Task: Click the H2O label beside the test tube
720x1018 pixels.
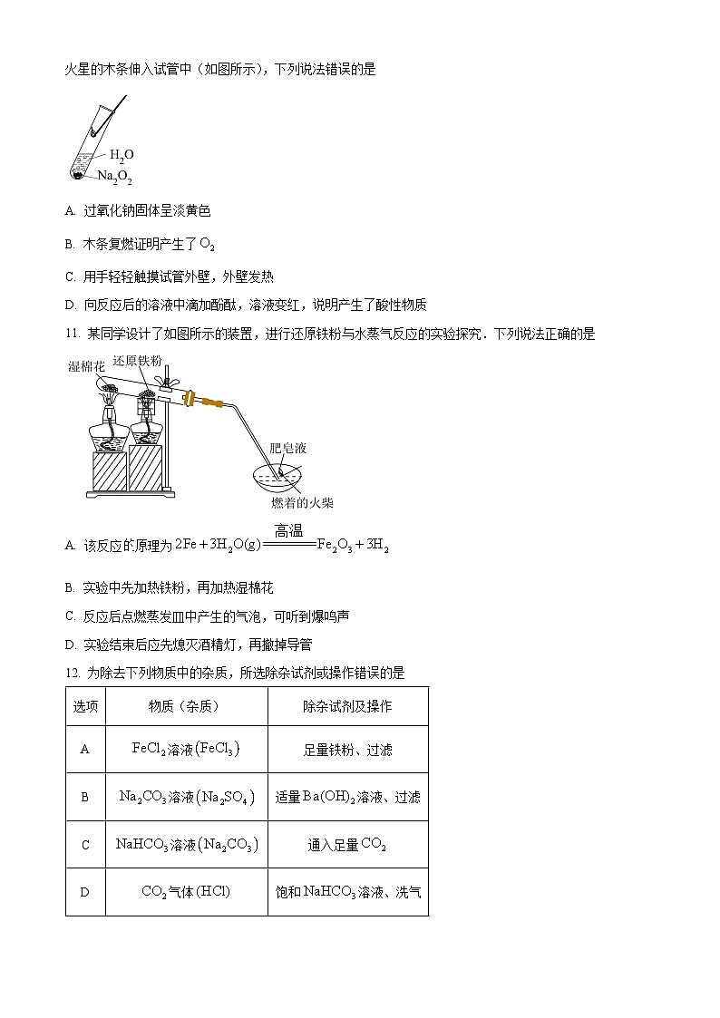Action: point(122,155)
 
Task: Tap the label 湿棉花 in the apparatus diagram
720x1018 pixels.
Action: point(87,366)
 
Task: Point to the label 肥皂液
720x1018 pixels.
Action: point(288,448)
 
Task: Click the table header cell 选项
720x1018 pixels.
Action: point(85,706)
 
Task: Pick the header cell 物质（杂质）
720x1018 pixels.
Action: point(186,706)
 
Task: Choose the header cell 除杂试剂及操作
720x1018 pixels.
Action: point(347,706)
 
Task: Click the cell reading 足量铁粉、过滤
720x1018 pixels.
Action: point(347,750)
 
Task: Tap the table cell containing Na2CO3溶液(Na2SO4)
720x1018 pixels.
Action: point(186,797)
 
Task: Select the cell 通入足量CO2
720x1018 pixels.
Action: point(347,845)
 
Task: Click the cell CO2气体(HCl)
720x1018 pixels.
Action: point(186,892)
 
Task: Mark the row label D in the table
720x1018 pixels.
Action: point(85,892)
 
